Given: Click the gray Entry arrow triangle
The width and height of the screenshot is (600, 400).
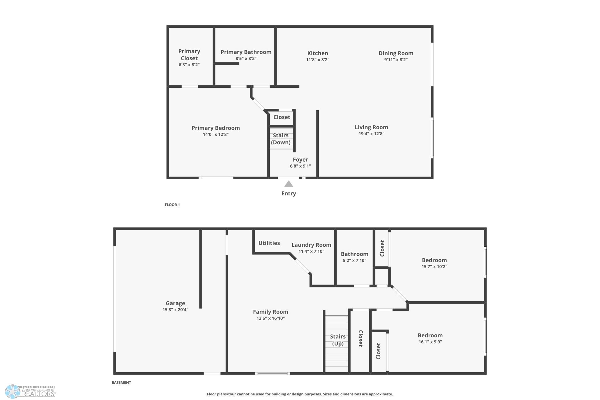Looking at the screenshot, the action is [288, 184].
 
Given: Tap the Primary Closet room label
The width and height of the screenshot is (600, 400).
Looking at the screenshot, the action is [189, 55].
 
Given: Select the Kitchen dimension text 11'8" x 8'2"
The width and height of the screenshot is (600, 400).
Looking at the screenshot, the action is [318, 60].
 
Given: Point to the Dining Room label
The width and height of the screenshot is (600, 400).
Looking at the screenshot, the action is [396, 53].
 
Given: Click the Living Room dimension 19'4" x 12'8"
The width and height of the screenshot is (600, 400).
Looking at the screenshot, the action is [371, 134].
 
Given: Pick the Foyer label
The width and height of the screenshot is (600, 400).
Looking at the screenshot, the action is [300, 160].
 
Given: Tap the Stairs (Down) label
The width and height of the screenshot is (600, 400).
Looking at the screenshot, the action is [281, 139].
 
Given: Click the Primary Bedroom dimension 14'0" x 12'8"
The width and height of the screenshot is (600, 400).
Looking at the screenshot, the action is [216, 134].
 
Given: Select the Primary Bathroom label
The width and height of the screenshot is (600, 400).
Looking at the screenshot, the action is [246, 52].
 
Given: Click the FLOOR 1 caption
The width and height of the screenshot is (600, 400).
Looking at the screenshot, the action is [172, 205].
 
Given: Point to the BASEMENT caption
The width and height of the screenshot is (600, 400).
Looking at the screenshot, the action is [121, 382].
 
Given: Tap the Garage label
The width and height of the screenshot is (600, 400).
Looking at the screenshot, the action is [175, 303].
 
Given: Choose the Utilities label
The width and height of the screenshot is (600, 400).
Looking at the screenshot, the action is [269, 243].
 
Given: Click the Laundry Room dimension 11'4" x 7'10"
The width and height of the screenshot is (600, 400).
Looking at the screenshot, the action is [311, 251].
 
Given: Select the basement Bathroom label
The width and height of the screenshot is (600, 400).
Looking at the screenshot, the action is [355, 254].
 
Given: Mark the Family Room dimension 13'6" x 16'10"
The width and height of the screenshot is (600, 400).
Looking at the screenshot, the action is [271, 318].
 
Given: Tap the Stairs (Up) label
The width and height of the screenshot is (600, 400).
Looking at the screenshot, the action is [338, 340].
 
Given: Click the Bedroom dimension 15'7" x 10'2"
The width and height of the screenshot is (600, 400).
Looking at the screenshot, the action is [434, 267].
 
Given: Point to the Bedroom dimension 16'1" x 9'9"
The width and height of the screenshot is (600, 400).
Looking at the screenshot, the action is [430, 342].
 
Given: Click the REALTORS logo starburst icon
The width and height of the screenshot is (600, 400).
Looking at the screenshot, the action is [13, 391].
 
